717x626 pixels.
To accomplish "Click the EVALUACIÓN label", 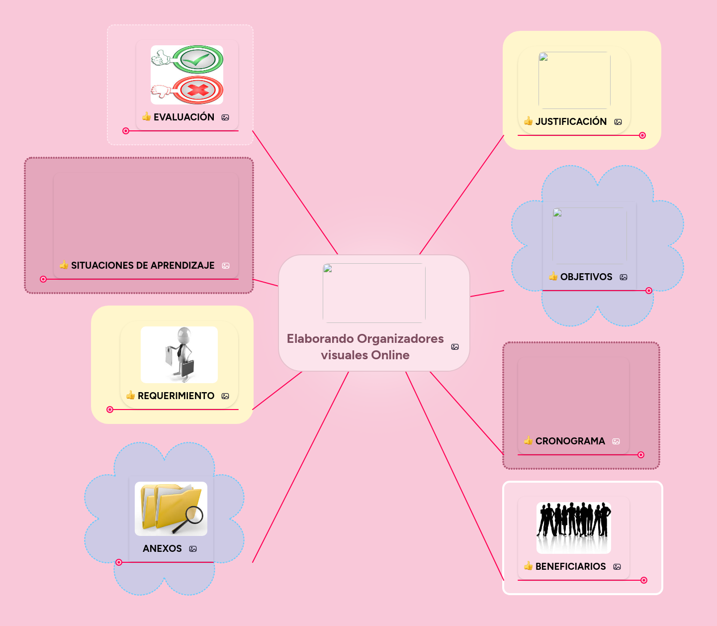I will [x=183, y=117].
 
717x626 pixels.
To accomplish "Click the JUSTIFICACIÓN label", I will [x=571, y=121].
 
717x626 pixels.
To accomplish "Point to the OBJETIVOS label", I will [x=586, y=277].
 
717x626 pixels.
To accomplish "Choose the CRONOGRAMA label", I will [x=570, y=441].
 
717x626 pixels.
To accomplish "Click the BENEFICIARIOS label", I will [x=570, y=566].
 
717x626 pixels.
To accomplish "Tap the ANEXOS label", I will [x=162, y=548].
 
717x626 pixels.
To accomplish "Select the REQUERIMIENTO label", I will [x=176, y=396].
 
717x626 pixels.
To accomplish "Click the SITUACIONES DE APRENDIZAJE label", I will [x=143, y=265].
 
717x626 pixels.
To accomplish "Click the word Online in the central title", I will [x=390, y=355].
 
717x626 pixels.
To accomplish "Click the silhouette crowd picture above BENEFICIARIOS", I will [x=573, y=527].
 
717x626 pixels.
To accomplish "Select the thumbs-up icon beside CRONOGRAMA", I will [x=528, y=440].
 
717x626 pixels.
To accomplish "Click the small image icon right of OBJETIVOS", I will [x=624, y=277].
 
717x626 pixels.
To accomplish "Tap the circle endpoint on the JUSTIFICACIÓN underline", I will [x=642, y=135].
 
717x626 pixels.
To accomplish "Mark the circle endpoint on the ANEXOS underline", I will [x=119, y=562].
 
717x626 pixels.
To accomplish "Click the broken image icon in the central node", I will [x=328, y=269].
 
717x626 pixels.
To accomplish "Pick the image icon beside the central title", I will [x=455, y=347].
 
